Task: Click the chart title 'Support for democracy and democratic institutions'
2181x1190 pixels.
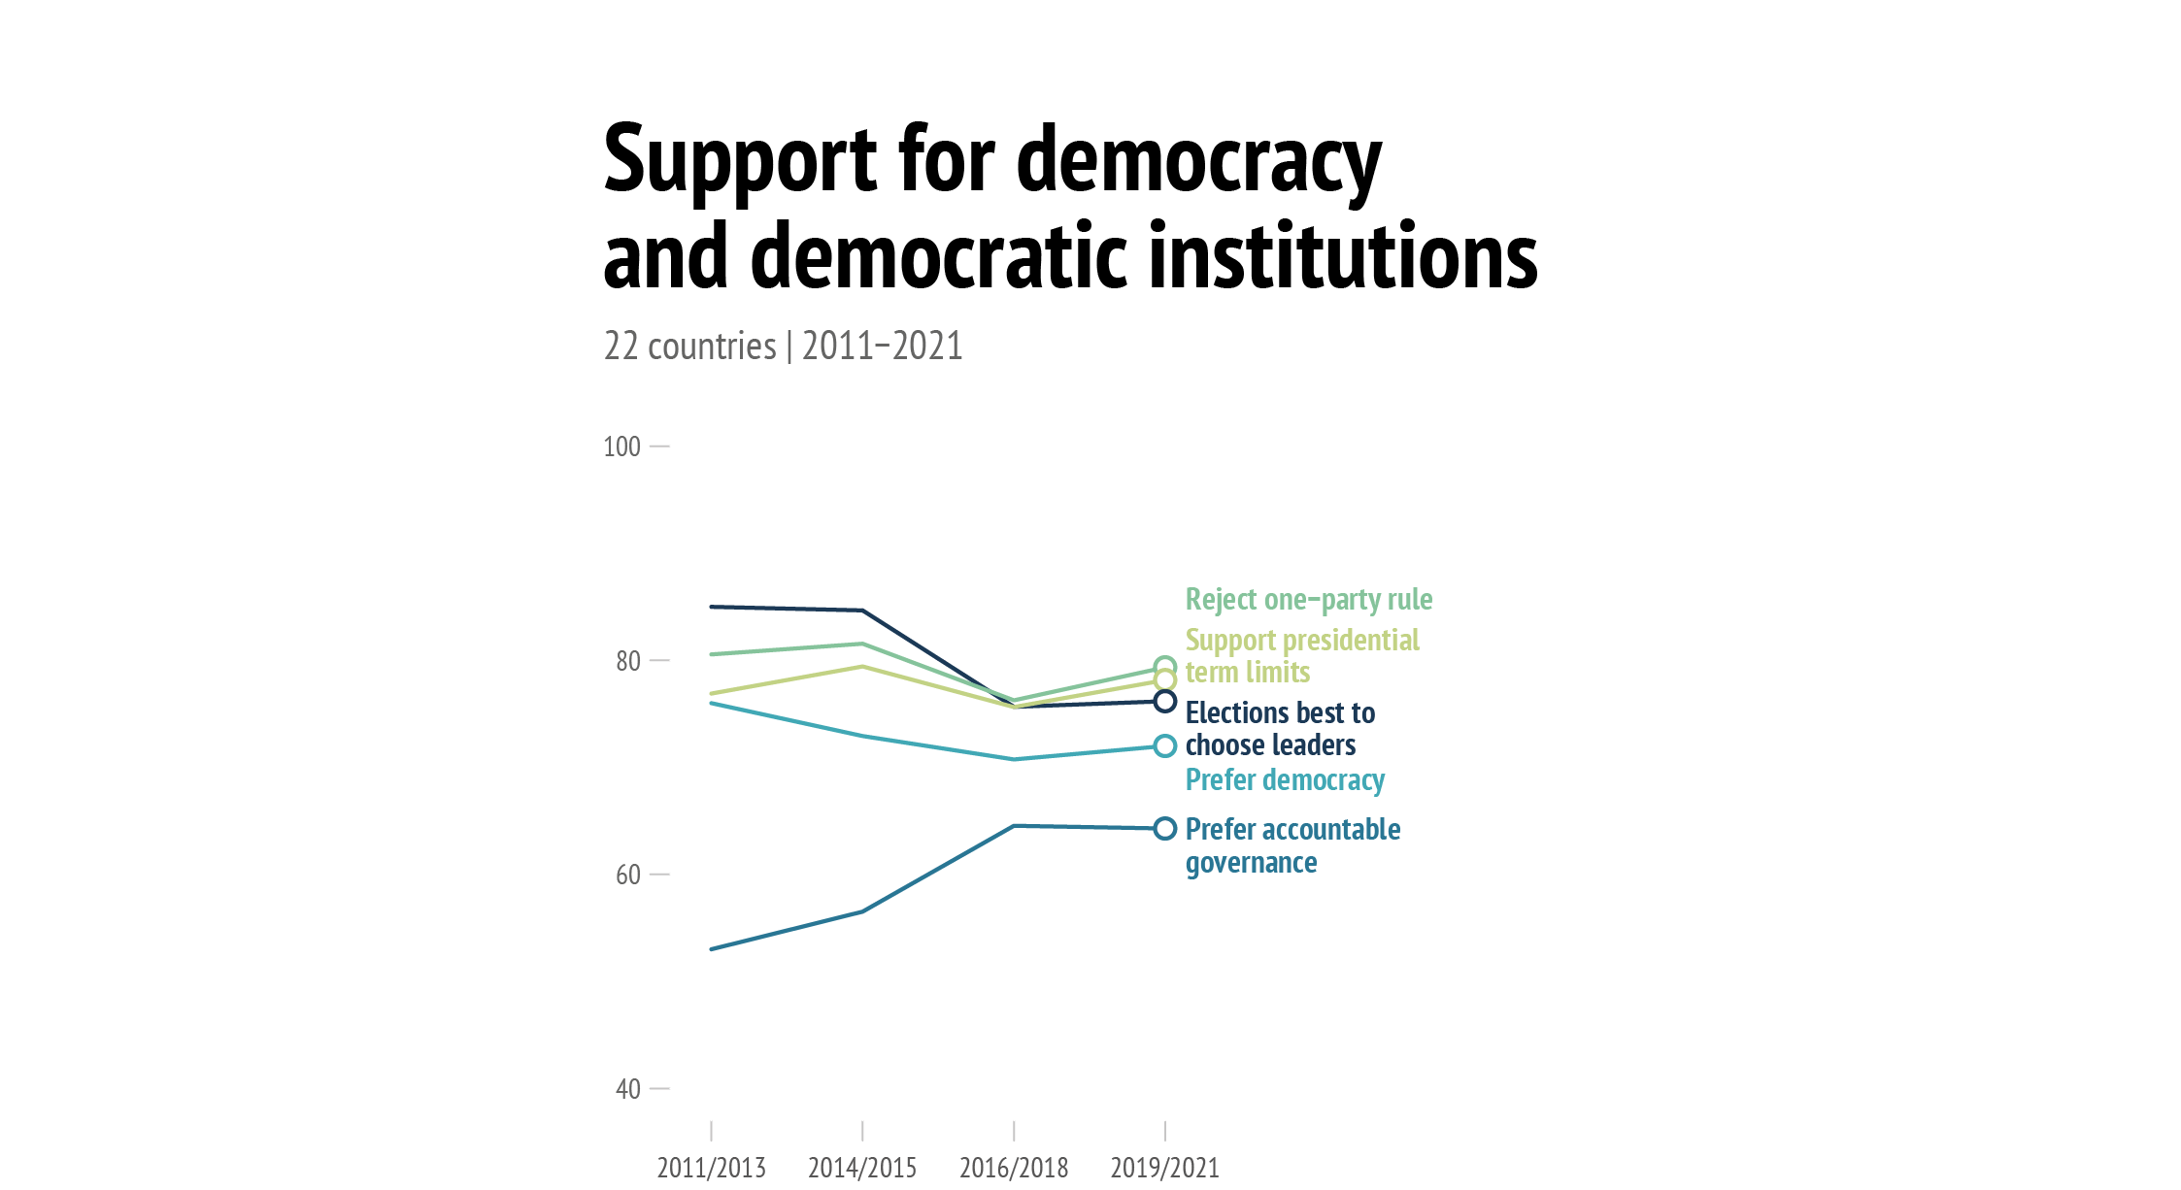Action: pyautogui.click(x=1070, y=207)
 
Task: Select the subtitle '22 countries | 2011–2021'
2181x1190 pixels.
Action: pyautogui.click(x=783, y=347)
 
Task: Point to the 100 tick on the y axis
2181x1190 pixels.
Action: pyautogui.click(x=622, y=446)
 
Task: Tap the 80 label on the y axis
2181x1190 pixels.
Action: pyautogui.click(x=628, y=661)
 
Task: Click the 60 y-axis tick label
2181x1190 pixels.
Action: pyautogui.click(x=628, y=875)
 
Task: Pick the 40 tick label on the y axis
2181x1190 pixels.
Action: pyautogui.click(x=628, y=1089)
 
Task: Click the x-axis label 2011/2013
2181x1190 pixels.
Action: pyautogui.click(x=711, y=1168)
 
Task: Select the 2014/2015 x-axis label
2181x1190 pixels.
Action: pyautogui.click(x=862, y=1168)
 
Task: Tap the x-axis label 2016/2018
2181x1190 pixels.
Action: pyautogui.click(x=1014, y=1168)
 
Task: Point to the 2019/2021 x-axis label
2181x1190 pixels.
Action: pyautogui.click(x=1165, y=1168)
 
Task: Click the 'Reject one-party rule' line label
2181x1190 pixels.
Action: pyautogui.click(x=1309, y=600)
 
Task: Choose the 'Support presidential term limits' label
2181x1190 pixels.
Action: pyautogui.click(x=1301, y=656)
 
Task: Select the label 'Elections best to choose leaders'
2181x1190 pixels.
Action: pyautogui.click(x=1280, y=728)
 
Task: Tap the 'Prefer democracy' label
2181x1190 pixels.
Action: pyautogui.click(x=1285, y=780)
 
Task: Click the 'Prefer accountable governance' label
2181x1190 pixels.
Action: pyautogui.click(x=1292, y=845)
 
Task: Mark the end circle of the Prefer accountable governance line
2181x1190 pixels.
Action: pyautogui.click(x=1165, y=829)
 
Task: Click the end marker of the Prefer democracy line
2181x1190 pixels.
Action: pyautogui.click(x=1165, y=746)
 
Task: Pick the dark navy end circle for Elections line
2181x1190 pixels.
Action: pyautogui.click(x=1165, y=702)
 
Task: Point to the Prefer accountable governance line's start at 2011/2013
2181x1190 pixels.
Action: pyautogui.click(x=712, y=949)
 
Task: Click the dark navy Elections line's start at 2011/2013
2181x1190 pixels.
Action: pyautogui.click(x=712, y=607)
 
